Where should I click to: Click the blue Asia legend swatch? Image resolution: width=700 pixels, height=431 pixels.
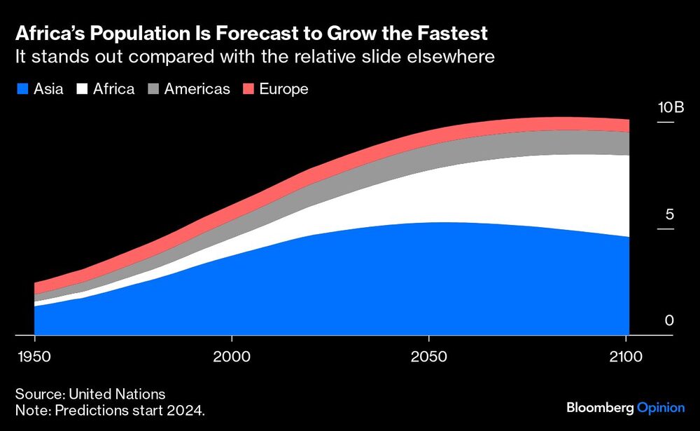pyautogui.click(x=22, y=89)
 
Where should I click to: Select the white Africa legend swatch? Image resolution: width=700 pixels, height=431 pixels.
pyautogui.click(x=83, y=89)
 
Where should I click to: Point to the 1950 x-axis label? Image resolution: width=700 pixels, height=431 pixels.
pyautogui.click(x=34, y=357)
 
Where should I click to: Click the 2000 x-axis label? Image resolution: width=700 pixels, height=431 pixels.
pyautogui.click(x=232, y=357)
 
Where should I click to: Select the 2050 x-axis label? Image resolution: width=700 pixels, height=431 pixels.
pyautogui.click(x=430, y=357)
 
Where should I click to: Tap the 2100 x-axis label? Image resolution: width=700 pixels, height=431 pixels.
pyautogui.click(x=627, y=357)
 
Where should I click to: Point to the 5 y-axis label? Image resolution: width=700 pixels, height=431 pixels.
pyautogui.click(x=669, y=214)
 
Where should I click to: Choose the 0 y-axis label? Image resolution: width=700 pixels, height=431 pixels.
pyautogui.click(x=669, y=321)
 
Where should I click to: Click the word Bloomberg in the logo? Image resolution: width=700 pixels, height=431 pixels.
pyautogui.click(x=599, y=408)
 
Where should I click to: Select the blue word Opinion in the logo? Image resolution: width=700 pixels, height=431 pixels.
pyautogui.click(x=661, y=408)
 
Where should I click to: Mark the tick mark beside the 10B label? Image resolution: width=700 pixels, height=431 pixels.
pyautogui.click(x=665, y=123)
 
